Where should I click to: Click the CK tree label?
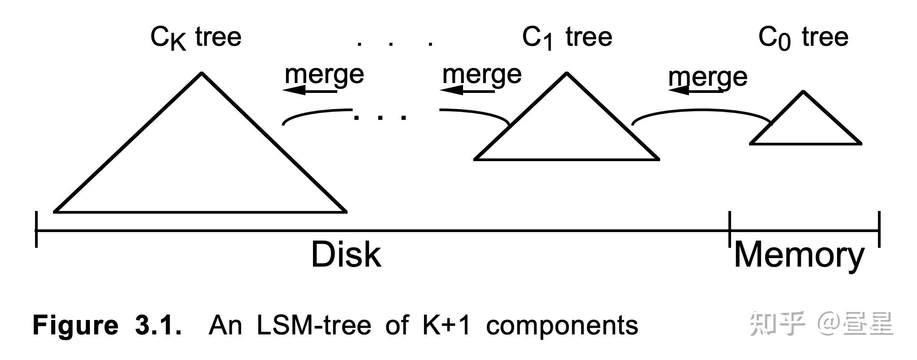[x=196, y=38]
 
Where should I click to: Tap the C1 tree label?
[x=567, y=38]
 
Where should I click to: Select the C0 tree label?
[x=803, y=38]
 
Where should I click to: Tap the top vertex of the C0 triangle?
[x=803, y=92]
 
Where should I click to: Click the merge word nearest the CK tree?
[x=324, y=75]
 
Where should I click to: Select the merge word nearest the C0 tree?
[x=708, y=77]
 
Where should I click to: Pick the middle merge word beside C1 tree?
[x=482, y=75]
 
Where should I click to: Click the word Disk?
[x=346, y=255]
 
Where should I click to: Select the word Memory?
[x=799, y=255]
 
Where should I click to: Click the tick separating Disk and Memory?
[x=730, y=229]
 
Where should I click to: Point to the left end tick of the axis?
[x=36, y=230]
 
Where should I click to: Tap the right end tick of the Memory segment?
[x=879, y=229]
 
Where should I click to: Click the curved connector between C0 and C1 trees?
[x=701, y=110]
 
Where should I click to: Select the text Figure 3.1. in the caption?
[x=107, y=325]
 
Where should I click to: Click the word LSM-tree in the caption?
[x=313, y=325]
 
